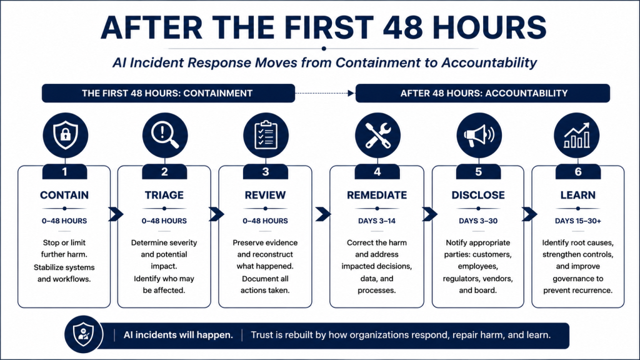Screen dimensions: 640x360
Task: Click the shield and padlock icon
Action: tap(65, 135)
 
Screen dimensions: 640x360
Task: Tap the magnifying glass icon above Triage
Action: tap(165, 135)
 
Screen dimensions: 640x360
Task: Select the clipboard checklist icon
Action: tap(266, 135)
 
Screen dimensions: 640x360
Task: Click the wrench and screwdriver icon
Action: tap(377, 135)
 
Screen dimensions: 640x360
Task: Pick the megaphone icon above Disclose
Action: tap(479, 135)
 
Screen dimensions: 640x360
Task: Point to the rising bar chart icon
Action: tap(576, 135)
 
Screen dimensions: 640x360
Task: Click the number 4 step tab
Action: tap(377, 171)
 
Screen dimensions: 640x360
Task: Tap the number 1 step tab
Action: tap(64, 171)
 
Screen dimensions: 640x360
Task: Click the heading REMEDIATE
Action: tap(377, 195)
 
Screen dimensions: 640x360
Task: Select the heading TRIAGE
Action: tap(164, 195)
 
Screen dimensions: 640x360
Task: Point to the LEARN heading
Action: tap(577, 195)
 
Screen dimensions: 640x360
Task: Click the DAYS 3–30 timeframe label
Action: tap(478, 221)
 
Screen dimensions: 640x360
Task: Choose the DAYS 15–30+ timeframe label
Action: tap(577, 221)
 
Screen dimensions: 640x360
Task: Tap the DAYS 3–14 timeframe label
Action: tap(377, 221)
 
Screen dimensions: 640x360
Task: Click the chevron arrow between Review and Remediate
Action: tap(323, 214)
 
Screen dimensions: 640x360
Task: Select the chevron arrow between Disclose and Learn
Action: tap(529, 214)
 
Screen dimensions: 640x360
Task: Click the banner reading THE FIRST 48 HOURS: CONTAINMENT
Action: tap(168, 93)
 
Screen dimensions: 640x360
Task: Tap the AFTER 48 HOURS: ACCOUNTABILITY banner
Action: tap(483, 93)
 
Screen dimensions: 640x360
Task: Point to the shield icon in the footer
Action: tap(83, 334)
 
